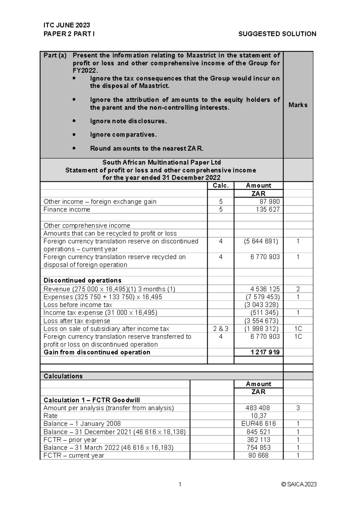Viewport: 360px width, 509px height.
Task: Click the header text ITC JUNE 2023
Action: click(67, 25)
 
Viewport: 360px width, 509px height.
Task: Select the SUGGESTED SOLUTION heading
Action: click(277, 34)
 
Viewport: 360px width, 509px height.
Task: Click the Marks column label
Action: click(298, 105)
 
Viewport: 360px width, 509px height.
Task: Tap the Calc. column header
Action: click(220, 186)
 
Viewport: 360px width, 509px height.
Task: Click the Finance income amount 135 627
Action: click(268, 210)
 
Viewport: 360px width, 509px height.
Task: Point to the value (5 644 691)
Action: click(261, 241)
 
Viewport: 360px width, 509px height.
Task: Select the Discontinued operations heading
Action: click(82, 281)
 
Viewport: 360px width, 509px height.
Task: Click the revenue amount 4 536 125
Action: click(265, 289)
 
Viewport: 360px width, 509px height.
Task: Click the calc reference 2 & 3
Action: click(220, 329)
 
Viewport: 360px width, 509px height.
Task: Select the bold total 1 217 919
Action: click(265, 352)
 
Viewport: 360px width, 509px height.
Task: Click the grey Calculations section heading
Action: click(63, 376)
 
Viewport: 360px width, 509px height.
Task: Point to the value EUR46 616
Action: click(258, 424)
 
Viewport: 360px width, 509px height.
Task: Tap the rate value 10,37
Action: click(258, 416)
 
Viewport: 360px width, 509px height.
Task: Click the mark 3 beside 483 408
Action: click(298, 408)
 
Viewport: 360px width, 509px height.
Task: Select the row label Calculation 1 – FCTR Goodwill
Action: click(92, 400)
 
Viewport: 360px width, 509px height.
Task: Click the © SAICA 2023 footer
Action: click(299, 484)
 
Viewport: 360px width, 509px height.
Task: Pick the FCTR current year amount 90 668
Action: click(258, 456)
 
